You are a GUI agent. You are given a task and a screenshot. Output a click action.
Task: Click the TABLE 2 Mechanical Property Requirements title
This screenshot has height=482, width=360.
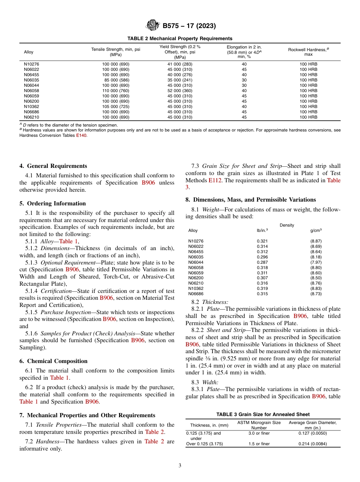[x=180, y=39]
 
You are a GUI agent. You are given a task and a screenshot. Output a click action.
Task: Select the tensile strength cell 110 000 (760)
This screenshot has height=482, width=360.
[x=116, y=91]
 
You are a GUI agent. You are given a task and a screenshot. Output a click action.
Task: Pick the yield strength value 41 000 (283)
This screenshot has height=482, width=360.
[x=180, y=64]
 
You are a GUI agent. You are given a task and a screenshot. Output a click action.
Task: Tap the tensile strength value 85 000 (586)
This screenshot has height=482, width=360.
[x=116, y=80]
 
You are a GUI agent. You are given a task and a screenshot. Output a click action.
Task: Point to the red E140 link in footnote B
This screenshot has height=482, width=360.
[x=81, y=135]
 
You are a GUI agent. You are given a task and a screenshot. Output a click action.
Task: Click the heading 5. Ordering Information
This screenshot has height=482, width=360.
[x=53, y=203]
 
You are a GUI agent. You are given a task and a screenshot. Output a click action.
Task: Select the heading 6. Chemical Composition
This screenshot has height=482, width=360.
[x=53, y=361]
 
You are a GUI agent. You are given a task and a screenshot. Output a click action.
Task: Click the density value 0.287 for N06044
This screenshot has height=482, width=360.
[x=262, y=262]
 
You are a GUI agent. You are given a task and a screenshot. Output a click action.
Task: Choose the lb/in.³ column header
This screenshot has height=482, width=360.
[x=262, y=230]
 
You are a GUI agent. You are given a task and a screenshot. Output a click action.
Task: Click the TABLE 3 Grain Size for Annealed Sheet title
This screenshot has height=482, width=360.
[x=263, y=415]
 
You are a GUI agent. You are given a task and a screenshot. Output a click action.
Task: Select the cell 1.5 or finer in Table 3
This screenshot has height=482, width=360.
[x=259, y=444]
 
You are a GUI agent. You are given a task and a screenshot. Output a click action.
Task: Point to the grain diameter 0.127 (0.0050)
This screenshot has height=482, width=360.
[x=312, y=433]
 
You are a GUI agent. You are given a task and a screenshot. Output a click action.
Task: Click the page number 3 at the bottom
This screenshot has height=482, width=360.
[x=180, y=466]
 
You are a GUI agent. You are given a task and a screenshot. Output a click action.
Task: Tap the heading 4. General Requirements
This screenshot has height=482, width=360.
[x=53, y=166]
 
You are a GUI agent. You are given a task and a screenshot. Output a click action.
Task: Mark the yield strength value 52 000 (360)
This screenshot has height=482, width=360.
[x=180, y=91]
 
